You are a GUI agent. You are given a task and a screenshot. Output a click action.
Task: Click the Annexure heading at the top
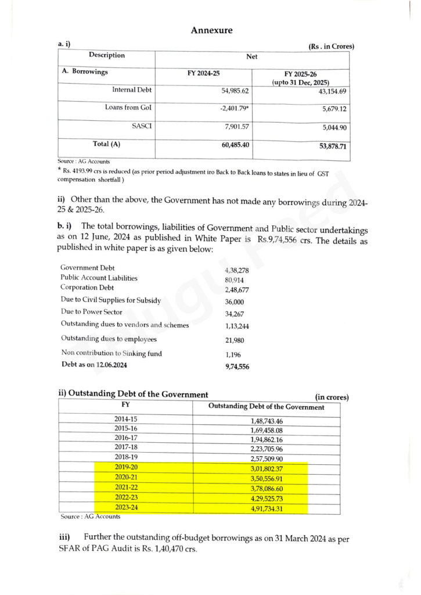click(211, 30)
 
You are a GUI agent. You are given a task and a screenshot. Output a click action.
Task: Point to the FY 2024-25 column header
click(203, 73)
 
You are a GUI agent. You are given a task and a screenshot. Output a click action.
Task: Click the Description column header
click(106, 56)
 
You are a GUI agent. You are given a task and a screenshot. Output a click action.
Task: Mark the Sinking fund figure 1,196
click(233, 354)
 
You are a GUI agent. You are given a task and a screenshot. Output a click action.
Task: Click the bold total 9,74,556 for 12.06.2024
click(237, 367)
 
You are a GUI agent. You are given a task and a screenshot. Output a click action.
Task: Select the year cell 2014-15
click(126, 420)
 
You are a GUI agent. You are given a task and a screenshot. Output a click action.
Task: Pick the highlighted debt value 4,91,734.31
click(266, 508)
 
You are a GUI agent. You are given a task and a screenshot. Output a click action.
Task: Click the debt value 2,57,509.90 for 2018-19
click(266, 459)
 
